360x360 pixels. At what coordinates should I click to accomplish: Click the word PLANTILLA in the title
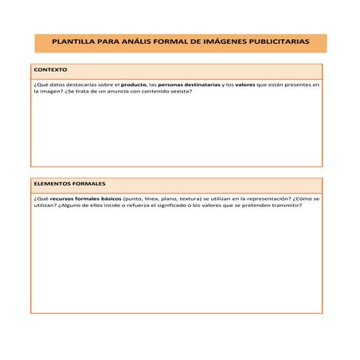pos(75,44)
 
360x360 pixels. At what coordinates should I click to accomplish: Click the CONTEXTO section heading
pos(50,69)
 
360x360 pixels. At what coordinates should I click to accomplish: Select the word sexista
pos(179,91)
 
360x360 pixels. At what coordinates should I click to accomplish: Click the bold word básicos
pos(107,198)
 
